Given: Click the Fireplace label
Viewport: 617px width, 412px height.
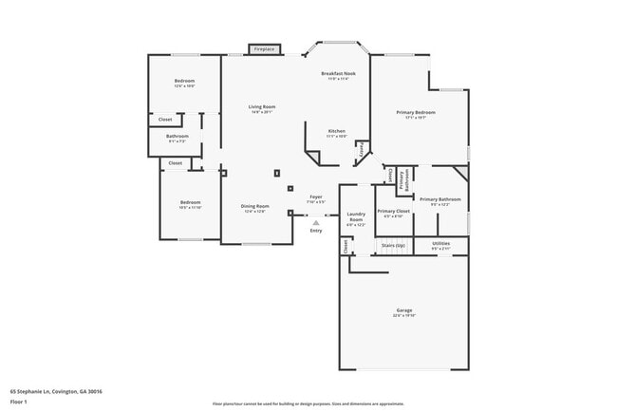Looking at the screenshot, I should click(x=264, y=48).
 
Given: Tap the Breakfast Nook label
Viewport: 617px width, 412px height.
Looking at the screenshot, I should click(x=338, y=74).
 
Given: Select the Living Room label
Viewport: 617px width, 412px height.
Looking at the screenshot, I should click(x=262, y=106).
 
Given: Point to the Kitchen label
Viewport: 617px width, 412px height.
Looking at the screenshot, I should click(x=337, y=130).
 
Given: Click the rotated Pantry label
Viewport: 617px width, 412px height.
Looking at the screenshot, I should click(x=361, y=150).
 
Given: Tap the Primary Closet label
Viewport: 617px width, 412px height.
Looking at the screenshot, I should click(x=393, y=211).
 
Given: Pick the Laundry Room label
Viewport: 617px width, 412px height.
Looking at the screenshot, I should click(x=356, y=216).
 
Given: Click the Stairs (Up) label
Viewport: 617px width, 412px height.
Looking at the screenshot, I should click(x=393, y=244).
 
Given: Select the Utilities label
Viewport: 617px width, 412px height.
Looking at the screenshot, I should click(x=441, y=244).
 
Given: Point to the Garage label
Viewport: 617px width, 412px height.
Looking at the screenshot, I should click(x=404, y=310).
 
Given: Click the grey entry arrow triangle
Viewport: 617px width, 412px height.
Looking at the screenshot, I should click(x=316, y=222).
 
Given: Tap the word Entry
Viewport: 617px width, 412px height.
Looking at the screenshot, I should click(x=316, y=231).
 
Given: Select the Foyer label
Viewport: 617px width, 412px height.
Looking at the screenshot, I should click(x=316, y=197).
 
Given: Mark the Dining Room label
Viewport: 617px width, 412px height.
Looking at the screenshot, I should click(x=254, y=206).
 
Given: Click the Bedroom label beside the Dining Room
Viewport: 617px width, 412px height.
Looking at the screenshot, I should click(x=191, y=201).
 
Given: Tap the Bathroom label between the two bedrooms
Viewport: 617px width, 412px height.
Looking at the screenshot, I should click(x=178, y=137).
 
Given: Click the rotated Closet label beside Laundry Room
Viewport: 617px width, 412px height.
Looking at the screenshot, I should click(x=346, y=245).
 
